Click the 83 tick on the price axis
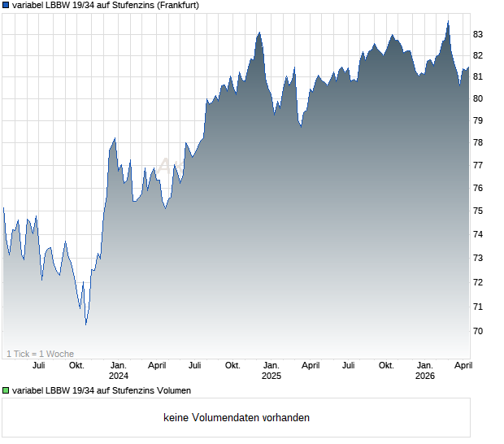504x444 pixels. point(478,34)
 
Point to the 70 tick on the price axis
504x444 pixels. point(478,331)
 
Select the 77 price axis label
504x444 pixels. point(478,165)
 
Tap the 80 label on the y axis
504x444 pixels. point(478,98)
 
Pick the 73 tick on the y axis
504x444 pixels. point(478,259)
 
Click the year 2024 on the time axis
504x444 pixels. point(119,376)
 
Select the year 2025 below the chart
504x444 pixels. point(271,376)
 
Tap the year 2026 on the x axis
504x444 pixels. point(424,376)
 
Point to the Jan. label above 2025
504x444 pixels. point(271,365)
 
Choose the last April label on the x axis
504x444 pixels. point(462,365)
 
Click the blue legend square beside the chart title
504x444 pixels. point(7,5)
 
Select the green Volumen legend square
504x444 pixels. point(7,390)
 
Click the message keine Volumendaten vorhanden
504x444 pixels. point(236,418)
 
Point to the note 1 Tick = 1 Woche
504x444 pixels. point(40,354)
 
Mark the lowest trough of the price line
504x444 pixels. point(86,324)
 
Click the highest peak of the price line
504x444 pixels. point(448,21)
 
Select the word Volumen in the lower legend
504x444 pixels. point(168,390)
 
